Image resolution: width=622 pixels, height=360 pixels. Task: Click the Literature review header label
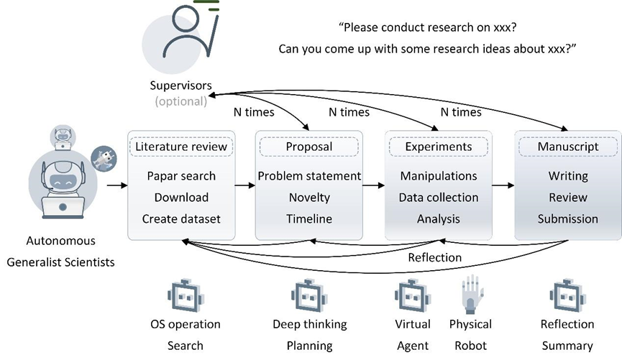pos(181,147)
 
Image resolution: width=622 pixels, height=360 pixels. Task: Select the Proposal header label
pos(309,147)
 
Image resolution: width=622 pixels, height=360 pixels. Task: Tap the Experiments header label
pos(438,147)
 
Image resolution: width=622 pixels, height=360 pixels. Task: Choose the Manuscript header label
pos(567,147)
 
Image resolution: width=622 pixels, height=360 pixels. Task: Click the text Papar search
pos(181,176)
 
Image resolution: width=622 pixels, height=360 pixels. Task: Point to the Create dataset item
pos(181,218)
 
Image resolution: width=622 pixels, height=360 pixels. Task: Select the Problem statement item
pos(309,176)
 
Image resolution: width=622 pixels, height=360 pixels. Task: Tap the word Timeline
pos(309,218)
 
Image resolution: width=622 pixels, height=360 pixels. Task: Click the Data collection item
pos(438,198)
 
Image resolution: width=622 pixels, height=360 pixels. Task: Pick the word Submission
pos(567,218)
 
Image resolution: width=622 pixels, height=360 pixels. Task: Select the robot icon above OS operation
pos(185,295)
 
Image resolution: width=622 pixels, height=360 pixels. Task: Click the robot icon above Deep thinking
pos(309,295)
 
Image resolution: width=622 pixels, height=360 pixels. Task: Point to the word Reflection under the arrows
pos(435,258)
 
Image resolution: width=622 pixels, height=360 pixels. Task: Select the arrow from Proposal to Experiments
pos(373,185)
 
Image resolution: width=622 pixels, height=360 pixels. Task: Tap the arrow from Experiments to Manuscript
pos(503,185)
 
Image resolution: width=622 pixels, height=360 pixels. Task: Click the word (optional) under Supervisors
pos(176,101)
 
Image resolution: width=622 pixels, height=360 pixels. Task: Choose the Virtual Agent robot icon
pos(413,295)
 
